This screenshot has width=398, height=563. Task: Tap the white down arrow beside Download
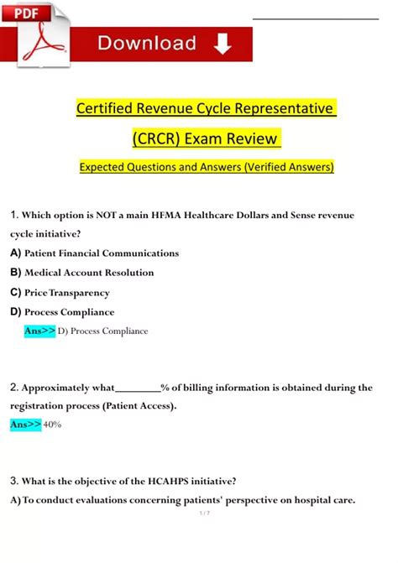223,44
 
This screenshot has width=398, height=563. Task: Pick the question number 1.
14,215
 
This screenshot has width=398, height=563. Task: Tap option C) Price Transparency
60,293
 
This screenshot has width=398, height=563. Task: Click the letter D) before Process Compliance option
16,312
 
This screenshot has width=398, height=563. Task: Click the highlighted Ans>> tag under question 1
40,331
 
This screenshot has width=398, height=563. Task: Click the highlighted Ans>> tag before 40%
25,425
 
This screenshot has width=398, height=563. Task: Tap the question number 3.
14,481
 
